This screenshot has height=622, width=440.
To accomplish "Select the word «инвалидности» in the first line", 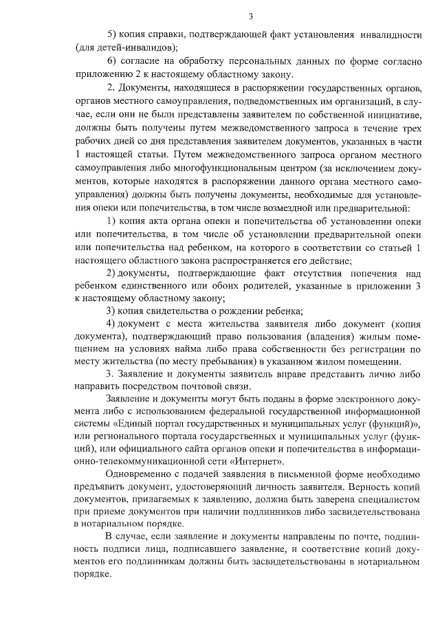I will point(388,34).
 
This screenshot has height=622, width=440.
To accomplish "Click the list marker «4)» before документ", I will point(111,323).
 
